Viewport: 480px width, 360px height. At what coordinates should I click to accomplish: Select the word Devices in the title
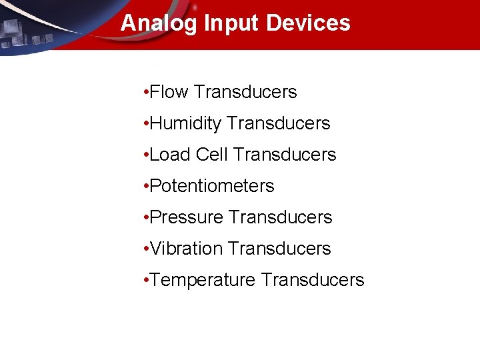tap(308, 23)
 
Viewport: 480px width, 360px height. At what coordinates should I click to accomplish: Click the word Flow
tap(169, 92)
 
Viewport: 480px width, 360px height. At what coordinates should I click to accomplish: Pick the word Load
tap(170, 155)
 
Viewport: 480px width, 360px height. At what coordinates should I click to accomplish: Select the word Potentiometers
tap(212, 186)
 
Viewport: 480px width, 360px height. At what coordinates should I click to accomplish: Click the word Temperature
tap(203, 280)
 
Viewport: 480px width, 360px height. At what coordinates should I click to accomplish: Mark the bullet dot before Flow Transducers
tap(145, 92)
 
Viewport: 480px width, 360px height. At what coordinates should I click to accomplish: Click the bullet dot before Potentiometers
tap(145, 186)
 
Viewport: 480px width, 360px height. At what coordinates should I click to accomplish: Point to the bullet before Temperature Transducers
tap(145, 280)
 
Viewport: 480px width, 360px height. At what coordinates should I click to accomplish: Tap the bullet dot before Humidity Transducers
tap(145, 123)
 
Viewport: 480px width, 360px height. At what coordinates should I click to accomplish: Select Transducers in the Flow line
tap(245, 92)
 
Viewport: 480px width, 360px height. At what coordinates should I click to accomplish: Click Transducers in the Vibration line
tap(279, 249)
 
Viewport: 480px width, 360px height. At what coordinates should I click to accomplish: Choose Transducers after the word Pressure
tap(280, 217)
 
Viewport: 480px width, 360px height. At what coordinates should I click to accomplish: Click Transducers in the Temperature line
tap(313, 280)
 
